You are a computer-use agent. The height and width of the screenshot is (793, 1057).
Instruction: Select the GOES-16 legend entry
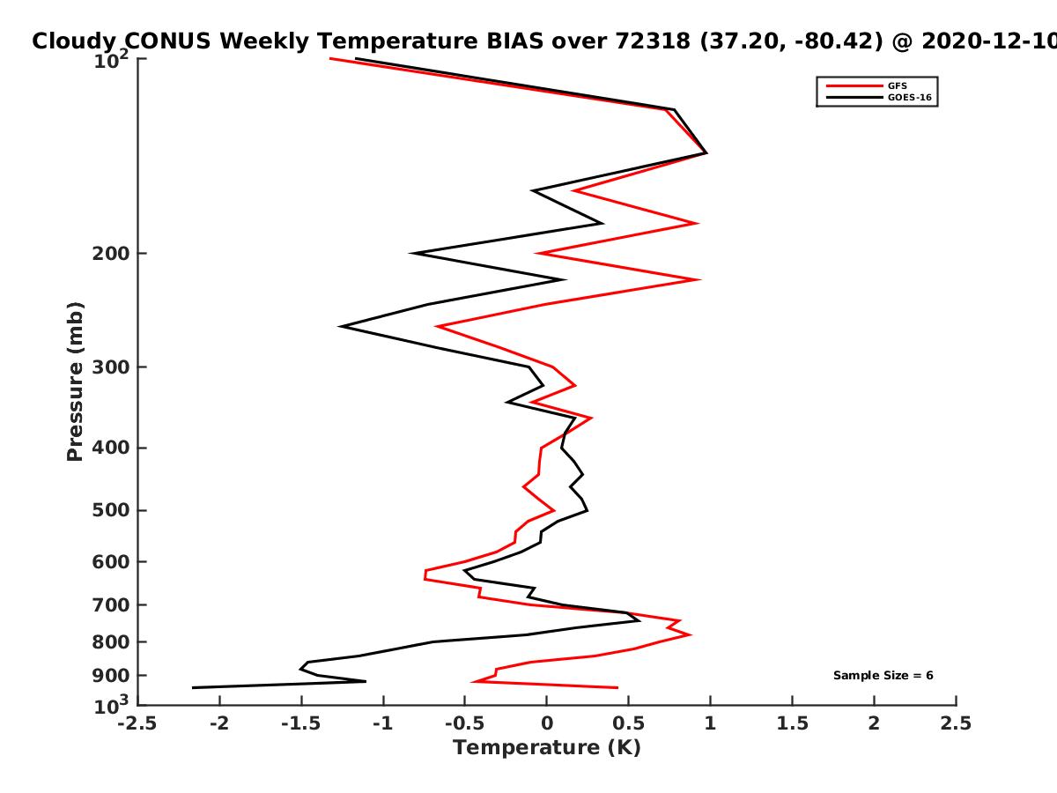[x=879, y=97]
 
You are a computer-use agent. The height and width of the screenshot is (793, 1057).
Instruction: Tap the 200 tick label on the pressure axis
[x=111, y=253]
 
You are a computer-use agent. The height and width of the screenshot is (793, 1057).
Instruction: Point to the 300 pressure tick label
[x=111, y=367]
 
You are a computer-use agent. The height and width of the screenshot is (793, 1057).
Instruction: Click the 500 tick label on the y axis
[x=111, y=510]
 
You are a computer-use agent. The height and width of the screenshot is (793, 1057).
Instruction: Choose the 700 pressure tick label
[x=111, y=604]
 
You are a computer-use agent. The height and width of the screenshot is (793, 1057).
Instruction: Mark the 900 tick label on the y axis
[x=111, y=676]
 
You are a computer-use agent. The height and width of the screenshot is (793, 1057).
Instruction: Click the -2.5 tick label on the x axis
[x=137, y=723]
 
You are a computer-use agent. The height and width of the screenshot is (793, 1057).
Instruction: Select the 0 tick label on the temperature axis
[x=547, y=723]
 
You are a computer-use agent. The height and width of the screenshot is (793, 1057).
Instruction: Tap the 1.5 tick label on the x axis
[x=792, y=723]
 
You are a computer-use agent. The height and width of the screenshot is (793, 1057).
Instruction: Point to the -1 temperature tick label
[x=383, y=723]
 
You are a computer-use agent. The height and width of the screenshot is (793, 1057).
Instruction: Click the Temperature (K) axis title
[x=547, y=748]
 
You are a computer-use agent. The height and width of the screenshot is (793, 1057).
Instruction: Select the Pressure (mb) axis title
[x=75, y=382]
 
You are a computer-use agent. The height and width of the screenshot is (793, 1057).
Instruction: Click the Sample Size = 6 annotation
[x=883, y=675]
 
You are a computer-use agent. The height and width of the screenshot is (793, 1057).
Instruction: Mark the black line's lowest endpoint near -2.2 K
[x=193, y=687]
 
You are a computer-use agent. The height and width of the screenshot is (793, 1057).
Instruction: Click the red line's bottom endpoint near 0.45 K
[x=617, y=687]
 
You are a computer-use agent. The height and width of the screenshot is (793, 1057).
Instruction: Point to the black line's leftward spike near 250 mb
[x=341, y=326]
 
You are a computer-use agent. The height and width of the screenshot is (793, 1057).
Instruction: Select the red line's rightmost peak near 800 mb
[x=691, y=634]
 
